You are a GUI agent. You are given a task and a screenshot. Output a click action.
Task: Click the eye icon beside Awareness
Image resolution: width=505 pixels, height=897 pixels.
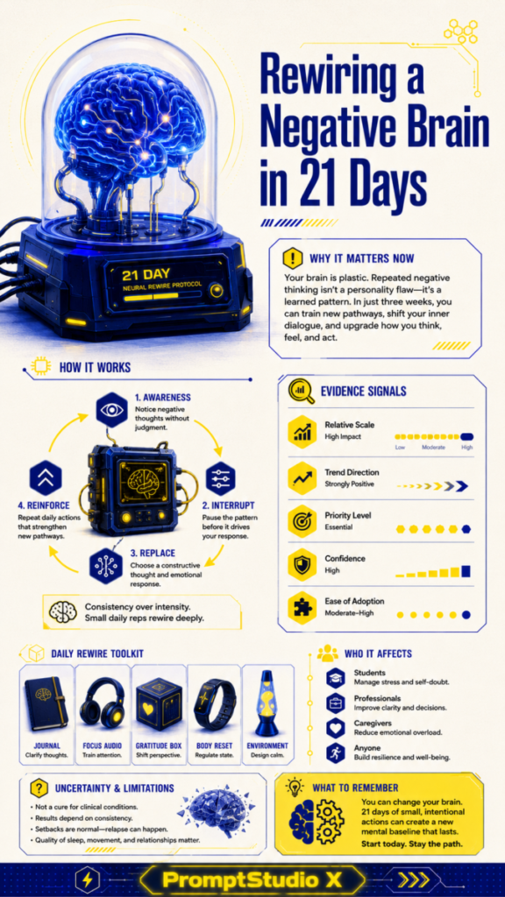coord(112,409)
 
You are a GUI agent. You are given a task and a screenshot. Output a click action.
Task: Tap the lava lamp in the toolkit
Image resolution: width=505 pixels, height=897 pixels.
coord(267,703)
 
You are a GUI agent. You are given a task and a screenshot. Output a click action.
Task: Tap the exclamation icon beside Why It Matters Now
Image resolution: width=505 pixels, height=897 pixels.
coord(293,257)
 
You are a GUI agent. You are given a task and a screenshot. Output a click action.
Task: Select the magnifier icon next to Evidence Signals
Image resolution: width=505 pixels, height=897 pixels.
coord(302,392)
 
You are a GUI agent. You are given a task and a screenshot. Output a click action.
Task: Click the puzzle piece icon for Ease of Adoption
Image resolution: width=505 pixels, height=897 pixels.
coord(302,607)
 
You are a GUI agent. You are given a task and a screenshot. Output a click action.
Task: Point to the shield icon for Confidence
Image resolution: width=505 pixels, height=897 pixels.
coord(302,564)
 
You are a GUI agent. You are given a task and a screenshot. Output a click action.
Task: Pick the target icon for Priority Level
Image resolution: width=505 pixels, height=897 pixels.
coord(302,520)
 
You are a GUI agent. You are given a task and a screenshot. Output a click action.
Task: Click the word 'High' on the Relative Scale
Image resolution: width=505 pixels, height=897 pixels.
coord(467,448)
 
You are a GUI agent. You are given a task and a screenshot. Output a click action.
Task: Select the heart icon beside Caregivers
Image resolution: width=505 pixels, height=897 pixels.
coord(335,727)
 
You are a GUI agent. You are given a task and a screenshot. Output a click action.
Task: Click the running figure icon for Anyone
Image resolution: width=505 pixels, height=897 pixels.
coord(335,752)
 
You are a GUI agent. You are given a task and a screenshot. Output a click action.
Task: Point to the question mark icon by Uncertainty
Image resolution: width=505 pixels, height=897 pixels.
coord(37,788)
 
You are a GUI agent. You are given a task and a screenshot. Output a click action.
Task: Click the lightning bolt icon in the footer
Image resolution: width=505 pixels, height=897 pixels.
coord(88,879)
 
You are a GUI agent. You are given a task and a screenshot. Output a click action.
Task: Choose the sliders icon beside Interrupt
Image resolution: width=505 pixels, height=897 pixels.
coord(220,477)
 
